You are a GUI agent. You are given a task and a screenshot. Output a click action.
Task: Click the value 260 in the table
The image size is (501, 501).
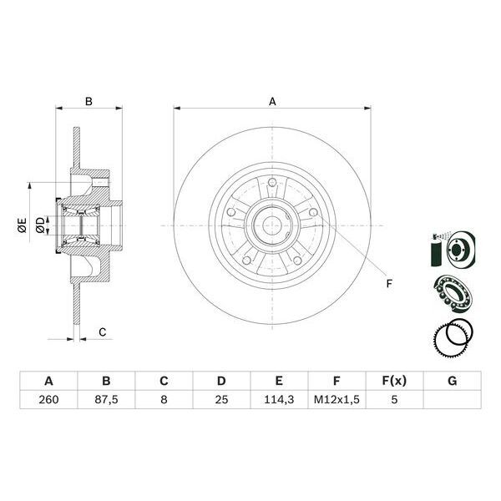[48, 401]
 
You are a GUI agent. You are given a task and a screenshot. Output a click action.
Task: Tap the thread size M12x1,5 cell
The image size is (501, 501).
[337, 401]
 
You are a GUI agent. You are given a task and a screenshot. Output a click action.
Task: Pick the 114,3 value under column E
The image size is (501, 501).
[279, 401]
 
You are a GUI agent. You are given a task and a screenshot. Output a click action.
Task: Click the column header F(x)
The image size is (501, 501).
[394, 382]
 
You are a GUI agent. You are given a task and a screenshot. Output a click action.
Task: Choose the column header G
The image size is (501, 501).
[452, 382]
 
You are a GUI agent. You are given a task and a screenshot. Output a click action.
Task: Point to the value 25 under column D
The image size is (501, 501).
[221, 401]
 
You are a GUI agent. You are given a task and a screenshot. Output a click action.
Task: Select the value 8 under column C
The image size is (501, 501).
[164, 401]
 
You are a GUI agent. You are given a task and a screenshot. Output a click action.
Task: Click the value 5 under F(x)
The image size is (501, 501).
[394, 401]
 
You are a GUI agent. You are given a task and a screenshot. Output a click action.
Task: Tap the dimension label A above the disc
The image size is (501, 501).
[272, 102]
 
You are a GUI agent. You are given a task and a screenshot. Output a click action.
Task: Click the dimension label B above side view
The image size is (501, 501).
[89, 102]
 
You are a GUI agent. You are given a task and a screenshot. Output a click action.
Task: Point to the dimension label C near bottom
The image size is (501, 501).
[102, 332]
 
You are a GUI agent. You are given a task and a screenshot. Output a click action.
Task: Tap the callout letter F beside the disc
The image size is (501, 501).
[388, 284]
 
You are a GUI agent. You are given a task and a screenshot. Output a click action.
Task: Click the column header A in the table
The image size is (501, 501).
[48, 382]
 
